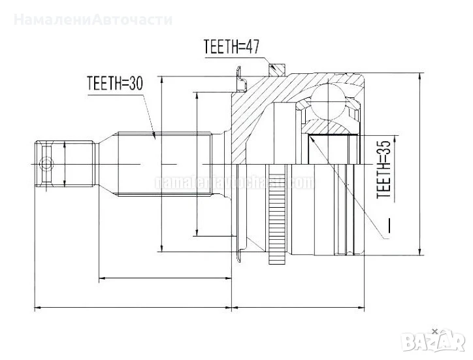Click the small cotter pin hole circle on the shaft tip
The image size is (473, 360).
coord(45,163)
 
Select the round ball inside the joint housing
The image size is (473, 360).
coord(328,102)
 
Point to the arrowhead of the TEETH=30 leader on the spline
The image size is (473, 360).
coord(155,135)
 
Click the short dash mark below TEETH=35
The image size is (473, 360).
coord(387,225)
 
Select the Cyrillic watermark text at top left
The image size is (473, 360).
coord(93,19)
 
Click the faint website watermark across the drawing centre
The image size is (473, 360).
coord(222,181)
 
